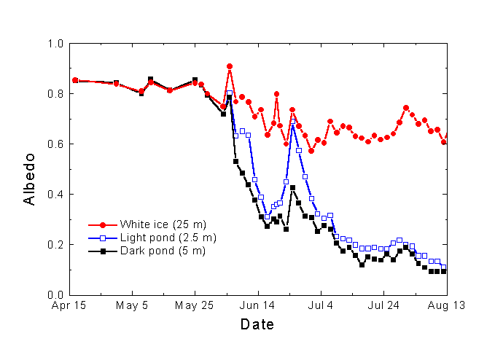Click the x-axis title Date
[x=257, y=324]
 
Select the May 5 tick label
[x=132, y=306]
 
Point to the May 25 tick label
[x=195, y=306]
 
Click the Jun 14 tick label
[x=258, y=306]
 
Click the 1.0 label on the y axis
[x=55, y=44]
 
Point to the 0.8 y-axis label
[x=55, y=94]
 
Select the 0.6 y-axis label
[x=55, y=144]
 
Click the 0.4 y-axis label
[x=55, y=195]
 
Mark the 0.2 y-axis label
[x=55, y=245]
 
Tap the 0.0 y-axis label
[x=55, y=294]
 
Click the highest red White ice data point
[x=230, y=66]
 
